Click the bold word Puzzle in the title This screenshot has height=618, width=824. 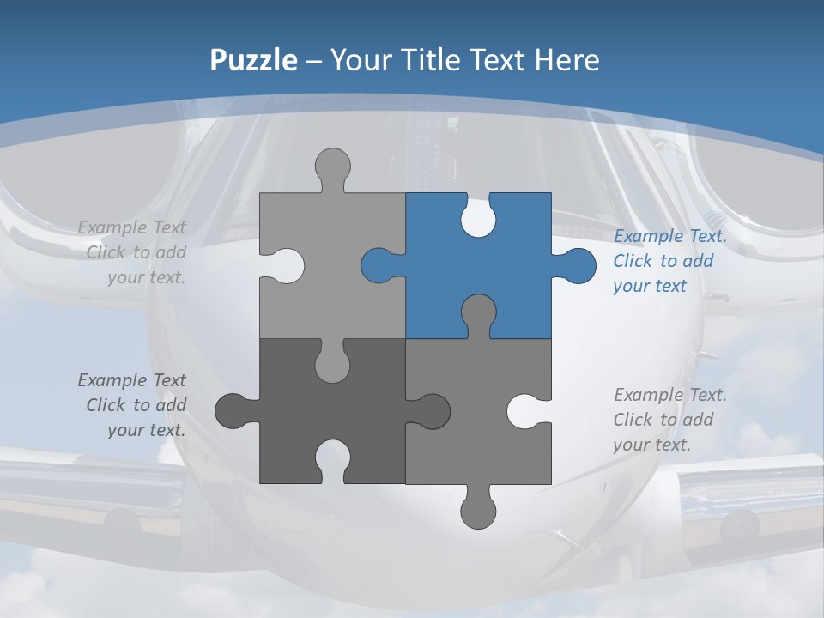[x=253, y=60]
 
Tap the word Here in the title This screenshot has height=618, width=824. [x=566, y=60]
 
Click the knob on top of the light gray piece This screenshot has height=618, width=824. [x=333, y=167]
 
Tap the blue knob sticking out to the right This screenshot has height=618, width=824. [x=577, y=265]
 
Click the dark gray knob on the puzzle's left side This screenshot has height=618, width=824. [x=233, y=411]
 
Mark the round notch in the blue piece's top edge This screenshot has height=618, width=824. [x=478, y=218]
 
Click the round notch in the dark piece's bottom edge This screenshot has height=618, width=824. [x=333, y=458]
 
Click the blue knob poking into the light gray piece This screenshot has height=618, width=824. [x=379, y=265]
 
